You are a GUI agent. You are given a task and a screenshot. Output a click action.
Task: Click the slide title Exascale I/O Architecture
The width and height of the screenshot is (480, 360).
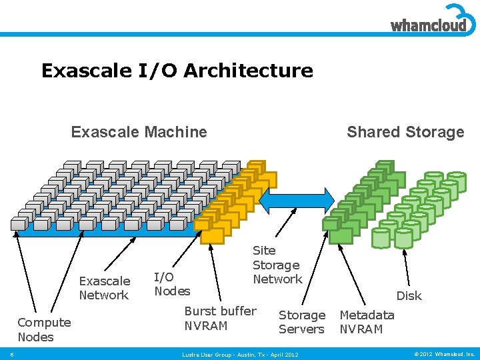177,71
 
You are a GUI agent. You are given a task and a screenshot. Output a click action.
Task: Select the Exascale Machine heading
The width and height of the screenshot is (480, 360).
139,132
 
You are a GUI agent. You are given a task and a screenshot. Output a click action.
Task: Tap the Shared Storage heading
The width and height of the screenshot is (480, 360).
405,132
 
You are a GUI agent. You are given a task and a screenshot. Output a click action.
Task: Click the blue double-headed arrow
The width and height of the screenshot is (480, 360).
295,200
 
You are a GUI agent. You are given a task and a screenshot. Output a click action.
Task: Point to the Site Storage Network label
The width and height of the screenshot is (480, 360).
277,265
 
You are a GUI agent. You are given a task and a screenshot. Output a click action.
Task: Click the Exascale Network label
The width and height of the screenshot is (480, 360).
104,288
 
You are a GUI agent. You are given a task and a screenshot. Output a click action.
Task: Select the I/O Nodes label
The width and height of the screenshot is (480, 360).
172,284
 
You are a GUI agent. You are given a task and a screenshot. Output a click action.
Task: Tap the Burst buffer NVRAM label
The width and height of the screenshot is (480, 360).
220,318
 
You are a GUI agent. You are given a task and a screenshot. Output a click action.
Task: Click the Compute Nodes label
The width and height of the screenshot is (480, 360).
44,329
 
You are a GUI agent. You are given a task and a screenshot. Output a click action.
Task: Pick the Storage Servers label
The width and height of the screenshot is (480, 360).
301,322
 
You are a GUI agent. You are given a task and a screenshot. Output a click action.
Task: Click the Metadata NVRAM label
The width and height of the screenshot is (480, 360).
367,322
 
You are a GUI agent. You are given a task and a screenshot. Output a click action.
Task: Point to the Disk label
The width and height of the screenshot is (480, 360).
409,295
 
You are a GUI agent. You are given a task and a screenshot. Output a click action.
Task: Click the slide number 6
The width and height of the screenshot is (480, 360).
21,354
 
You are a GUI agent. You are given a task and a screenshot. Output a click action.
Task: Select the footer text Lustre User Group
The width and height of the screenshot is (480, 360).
240,354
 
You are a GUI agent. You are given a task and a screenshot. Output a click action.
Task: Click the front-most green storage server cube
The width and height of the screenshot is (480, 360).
341,235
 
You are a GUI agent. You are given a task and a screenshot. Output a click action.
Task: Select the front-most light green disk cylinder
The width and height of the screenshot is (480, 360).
403,238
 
